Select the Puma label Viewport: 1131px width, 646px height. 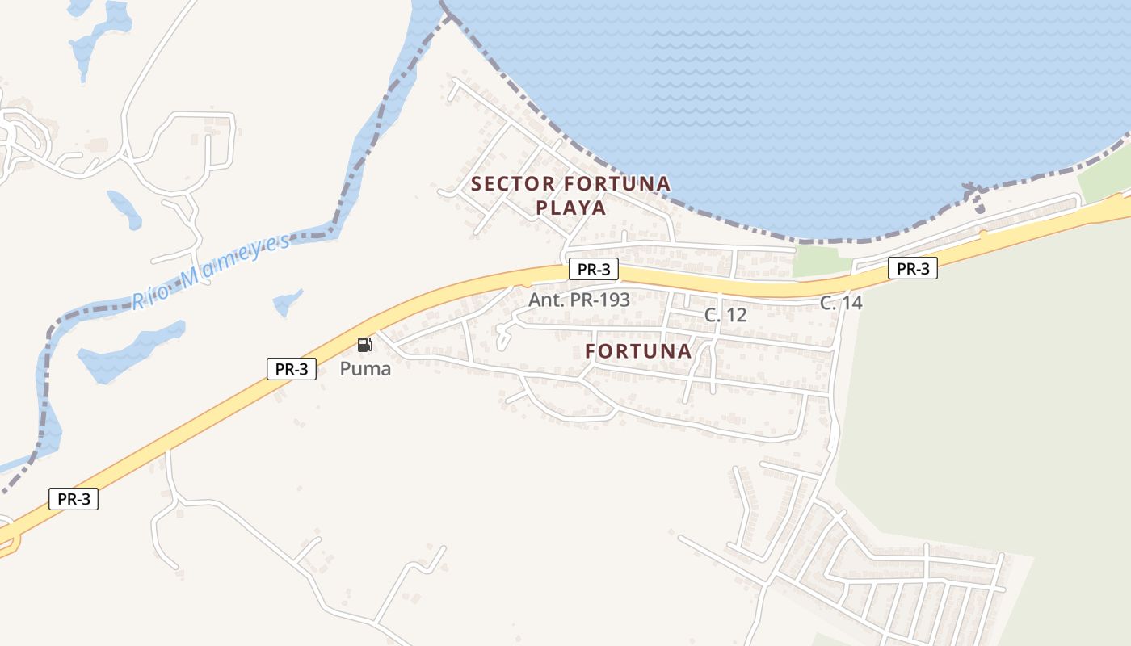[365, 369]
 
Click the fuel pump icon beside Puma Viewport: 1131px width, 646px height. [365, 345]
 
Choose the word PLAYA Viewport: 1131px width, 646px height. [570, 208]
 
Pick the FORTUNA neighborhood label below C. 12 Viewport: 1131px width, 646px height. [638, 351]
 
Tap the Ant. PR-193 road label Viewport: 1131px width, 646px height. [579, 300]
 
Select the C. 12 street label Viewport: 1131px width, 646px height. [725, 316]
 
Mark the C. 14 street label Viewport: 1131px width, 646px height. [841, 303]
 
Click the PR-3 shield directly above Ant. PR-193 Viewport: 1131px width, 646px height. [594, 270]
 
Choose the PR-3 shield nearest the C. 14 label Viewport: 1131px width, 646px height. [913, 269]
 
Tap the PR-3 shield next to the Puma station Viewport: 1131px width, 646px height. [291, 369]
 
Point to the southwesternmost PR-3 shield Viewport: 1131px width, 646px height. [74, 499]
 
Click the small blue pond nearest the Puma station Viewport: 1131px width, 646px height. [287, 302]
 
